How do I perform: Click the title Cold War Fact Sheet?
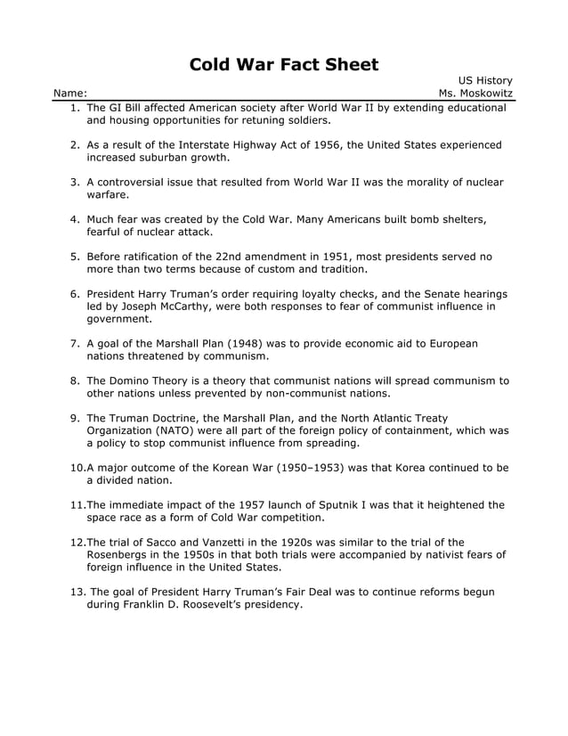284,64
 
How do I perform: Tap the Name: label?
70,93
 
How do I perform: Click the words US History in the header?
485,79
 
